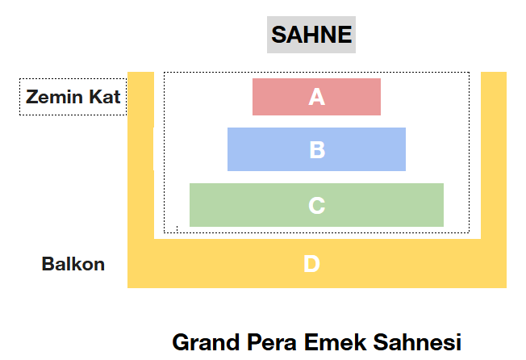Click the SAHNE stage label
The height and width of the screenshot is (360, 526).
coord(311,35)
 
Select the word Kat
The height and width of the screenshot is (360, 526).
coord(105,98)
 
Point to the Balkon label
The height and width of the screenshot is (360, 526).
coord(73,264)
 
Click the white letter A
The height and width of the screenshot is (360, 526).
coord(316,97)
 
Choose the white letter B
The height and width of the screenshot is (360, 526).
coord(317,150)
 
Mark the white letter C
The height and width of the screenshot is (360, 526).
coord(316,206)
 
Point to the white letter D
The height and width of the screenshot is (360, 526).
coord(311,264)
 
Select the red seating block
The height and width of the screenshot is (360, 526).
coord(274,97)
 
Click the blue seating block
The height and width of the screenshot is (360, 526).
coord(258,149)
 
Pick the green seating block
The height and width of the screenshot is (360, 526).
coord(234,205)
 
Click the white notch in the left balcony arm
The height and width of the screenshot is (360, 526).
coord(153,148)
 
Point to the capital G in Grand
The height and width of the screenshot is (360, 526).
coord(181,341)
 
